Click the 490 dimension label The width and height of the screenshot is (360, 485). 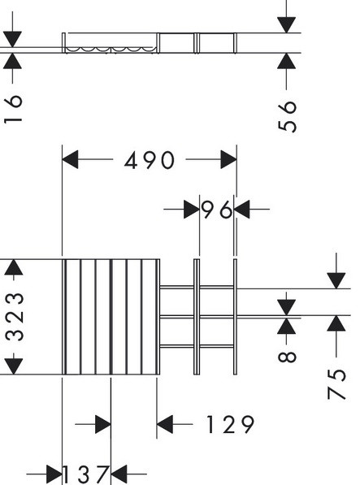point(150,160)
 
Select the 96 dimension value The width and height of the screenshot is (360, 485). point(216,210)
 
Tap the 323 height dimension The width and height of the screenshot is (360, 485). point(15,317)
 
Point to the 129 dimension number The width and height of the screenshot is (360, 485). point(231,424)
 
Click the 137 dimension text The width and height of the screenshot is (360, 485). point(86,474)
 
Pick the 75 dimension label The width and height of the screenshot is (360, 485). point(336,384)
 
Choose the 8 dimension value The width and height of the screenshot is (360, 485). point(287,356)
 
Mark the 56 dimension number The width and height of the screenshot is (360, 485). point(288,117)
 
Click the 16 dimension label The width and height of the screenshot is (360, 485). point(13,109)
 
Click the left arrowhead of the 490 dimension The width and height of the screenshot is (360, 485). point(70,159)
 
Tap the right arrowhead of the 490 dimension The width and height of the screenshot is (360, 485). point(228,159)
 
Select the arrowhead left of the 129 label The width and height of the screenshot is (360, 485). point(165,424)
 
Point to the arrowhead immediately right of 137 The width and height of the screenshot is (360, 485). point(119,474)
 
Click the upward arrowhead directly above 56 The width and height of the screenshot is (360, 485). point(286,61)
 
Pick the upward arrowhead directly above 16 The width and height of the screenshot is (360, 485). point(13,61)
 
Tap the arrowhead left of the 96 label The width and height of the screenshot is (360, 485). point(192,210)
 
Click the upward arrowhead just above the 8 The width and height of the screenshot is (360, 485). point(286,326)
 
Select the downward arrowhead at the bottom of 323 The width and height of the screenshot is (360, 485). point(14,366)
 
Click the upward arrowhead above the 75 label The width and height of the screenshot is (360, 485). point(336,323)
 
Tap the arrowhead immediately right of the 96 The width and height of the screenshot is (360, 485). point(242,210)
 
